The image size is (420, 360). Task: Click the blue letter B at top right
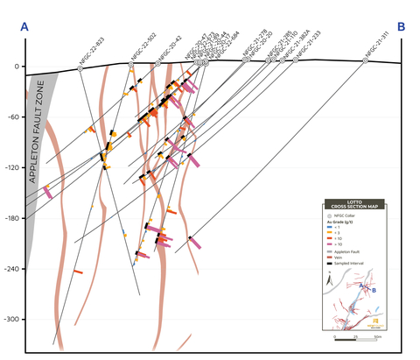tap(401, 28)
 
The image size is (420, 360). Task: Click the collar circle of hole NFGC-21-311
tap(366, 60)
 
